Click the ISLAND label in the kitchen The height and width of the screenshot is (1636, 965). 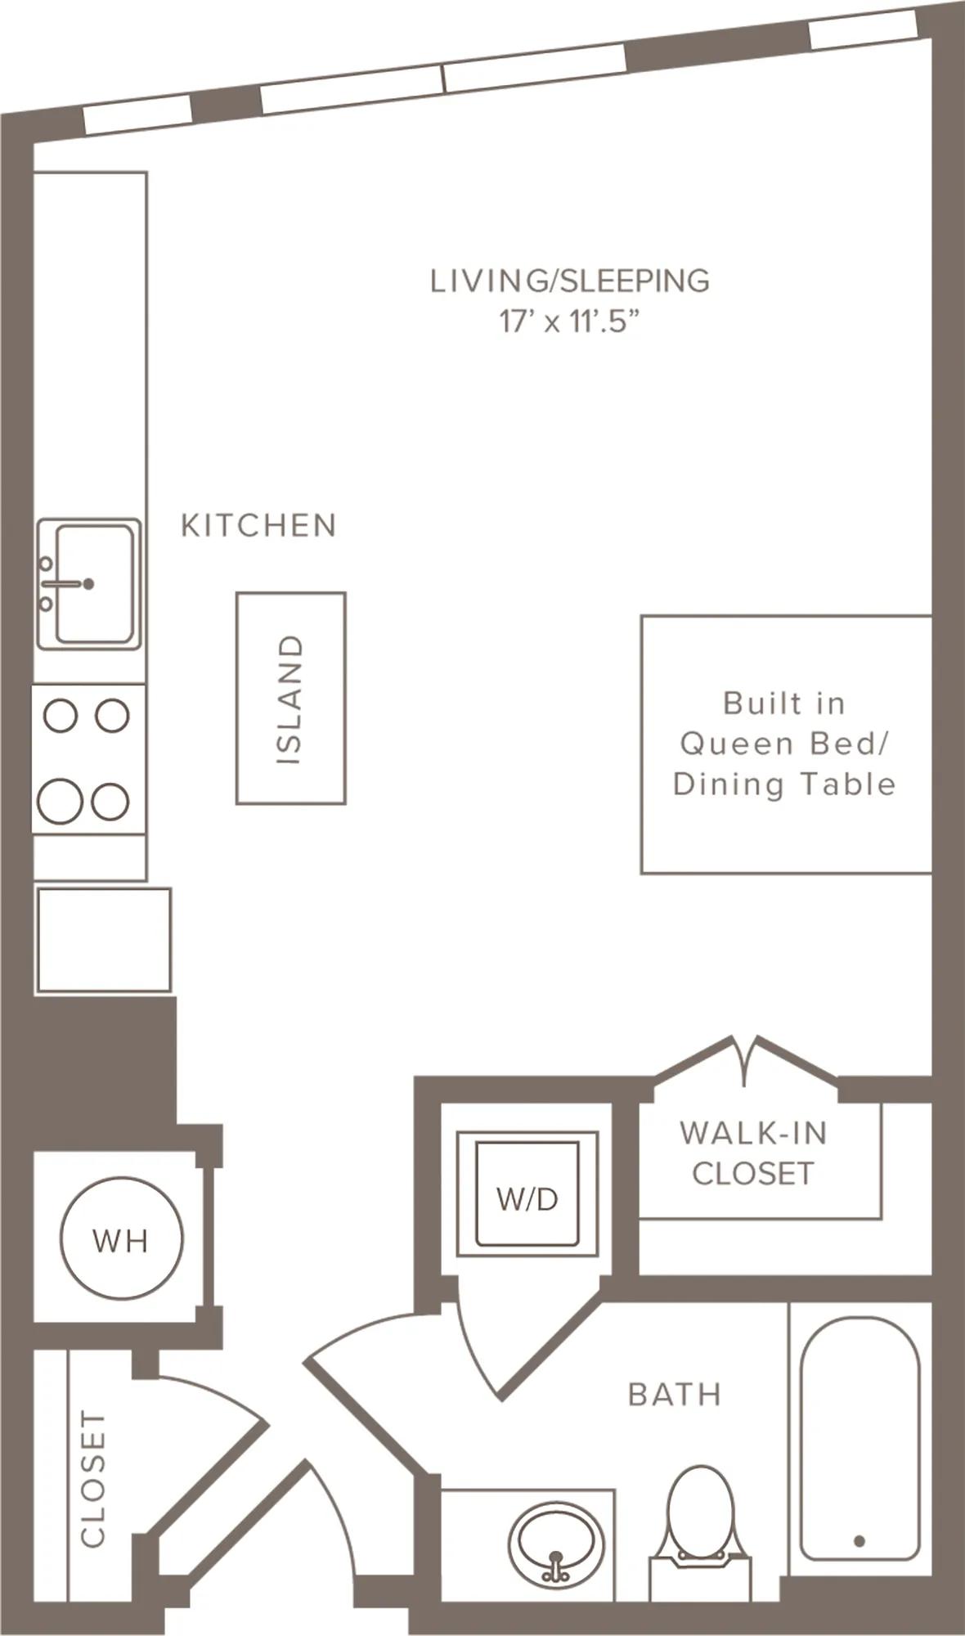pos(290,699)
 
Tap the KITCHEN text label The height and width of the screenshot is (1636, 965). pos(258,525)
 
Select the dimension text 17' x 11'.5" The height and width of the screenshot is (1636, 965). pos(568,321)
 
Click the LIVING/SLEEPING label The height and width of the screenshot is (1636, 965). pos(570,281)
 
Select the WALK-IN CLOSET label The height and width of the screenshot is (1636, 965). pos(753,1153)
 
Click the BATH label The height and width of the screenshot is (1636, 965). pos(675,1394)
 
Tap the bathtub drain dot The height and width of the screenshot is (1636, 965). pos(859,1541)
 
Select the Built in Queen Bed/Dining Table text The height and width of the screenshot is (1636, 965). pos(784,744)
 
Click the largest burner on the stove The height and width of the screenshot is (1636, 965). pos(61,800)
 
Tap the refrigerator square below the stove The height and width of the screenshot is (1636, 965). pos(103,940)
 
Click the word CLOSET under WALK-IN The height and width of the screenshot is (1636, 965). pos(753,1174)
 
